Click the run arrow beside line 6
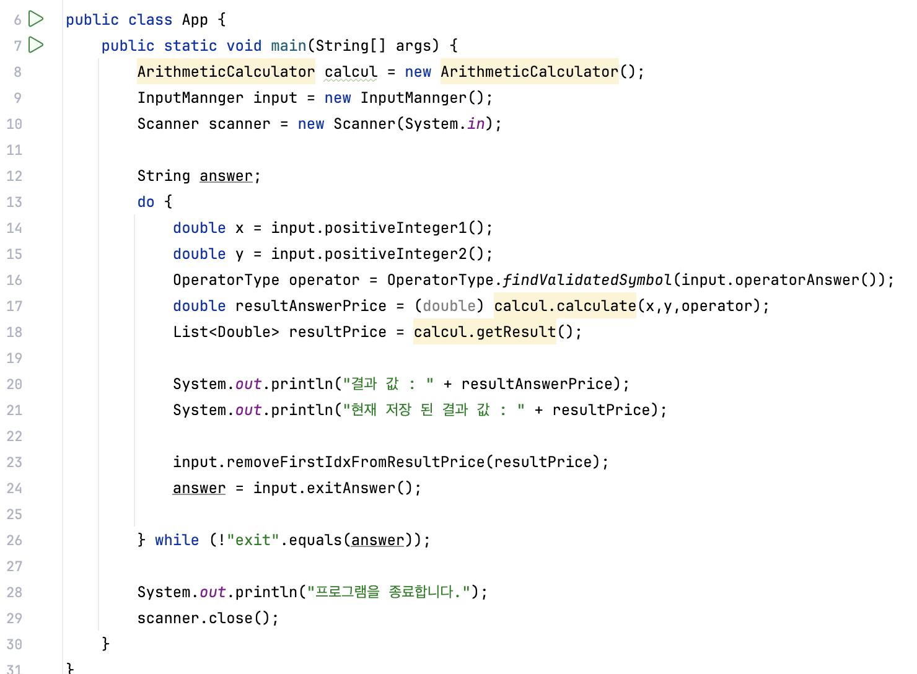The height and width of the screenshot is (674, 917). [x=36, y=19]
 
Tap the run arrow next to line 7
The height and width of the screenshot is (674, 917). [x=36, y=45]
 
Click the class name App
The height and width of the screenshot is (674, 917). [x=195, y=20]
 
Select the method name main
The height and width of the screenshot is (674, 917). [x=288, y=46]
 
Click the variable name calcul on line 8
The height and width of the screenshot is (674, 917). [x=351, y=72]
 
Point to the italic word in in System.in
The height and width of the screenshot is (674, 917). [x=476, y=124]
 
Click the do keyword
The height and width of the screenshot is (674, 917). [x=146, y=202]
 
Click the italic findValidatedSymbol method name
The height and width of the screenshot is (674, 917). [x=587, y=280]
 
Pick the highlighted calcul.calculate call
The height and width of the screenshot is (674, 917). [x=564, y=306]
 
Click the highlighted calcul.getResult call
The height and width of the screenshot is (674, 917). [x=485, y=332]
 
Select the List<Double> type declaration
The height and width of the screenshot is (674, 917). [x=226, y=332]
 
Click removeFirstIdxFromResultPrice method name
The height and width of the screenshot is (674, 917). [x=355, y=462]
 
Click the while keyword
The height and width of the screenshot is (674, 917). [x=177, y=540]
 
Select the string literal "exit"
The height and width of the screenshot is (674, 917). [x=253, y=540]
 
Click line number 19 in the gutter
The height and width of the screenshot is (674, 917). [x=14, y=358]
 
